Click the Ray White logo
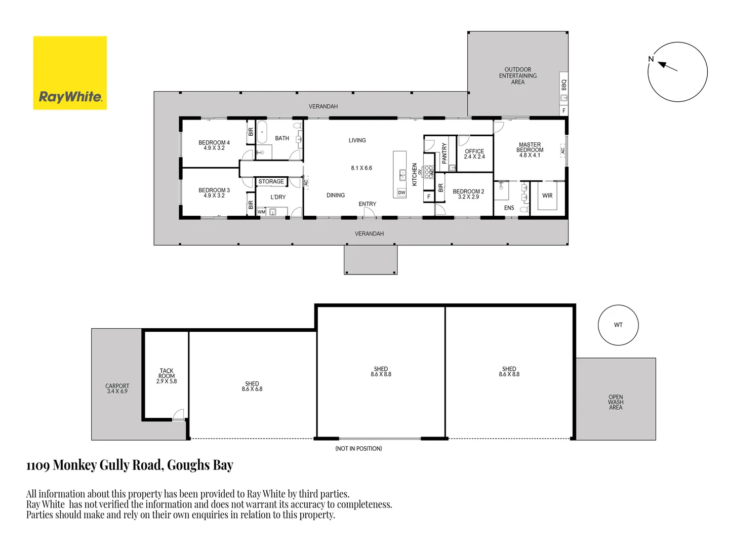click(70, 73)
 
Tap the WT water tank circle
click(618, 325)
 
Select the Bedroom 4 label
click(214, 145)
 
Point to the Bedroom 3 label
click(214, 193)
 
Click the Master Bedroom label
click(530, 150)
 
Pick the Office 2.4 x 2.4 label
click(474, 154)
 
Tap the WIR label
click(547, 196)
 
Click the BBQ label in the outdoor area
click(564, 85)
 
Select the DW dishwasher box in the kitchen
click(401, 192)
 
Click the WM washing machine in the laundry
click(261, 212)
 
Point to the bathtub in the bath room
click(262, 133)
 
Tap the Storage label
click(271, 181)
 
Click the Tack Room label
click(167, 376)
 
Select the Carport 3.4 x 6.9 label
click(117, 388)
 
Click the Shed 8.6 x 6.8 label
click(252, 386)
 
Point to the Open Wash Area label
click(616, 402)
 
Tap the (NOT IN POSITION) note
click(358, 449)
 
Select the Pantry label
click(444, 153)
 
